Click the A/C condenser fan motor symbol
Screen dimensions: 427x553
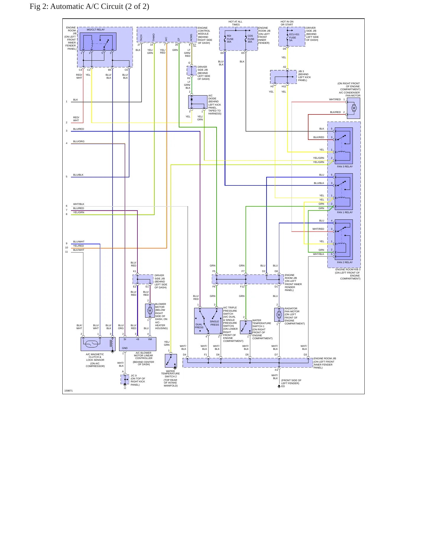[353, 108]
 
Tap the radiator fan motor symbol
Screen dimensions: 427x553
[279, 315]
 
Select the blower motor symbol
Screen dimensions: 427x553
[150, 311]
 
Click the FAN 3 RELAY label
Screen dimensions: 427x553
[345, 166]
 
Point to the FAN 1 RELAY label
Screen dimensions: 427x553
[345, 212]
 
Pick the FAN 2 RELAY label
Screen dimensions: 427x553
[345, 262]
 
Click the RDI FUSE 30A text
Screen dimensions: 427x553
[230, 39]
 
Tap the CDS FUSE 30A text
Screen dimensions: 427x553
[251, 39]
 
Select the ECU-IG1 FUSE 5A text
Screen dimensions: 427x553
[294, 37]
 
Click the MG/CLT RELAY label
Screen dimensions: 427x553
[96, 30]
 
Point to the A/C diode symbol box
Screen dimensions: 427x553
[198, 102]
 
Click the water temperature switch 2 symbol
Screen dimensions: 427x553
[171, 361]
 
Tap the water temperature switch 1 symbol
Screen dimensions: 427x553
[246, 327]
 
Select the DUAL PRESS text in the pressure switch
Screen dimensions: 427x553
[199, 326]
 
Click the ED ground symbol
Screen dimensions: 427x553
[279, 386]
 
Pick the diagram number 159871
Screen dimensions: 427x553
[69, 391]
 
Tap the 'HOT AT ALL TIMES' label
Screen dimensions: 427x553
[236, 23]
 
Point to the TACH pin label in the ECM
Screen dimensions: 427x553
[141, 38]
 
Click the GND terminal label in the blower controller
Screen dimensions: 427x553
[125, 348]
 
